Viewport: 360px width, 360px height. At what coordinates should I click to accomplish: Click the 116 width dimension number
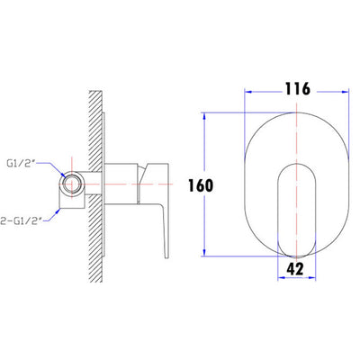(x=297, y=89)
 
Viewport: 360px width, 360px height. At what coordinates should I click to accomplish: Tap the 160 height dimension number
(x=201, y=185)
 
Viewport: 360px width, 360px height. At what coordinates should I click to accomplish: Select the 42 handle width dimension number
(x=295, y=269)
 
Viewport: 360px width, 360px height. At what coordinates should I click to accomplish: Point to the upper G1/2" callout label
(x=21, y=163)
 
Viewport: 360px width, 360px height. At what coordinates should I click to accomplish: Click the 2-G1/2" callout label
(x=21, y=221)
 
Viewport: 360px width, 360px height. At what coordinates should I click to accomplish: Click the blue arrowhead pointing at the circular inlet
(x=63, y=175)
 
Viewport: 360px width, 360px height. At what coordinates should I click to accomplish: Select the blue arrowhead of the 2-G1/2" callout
(x=57, y=211)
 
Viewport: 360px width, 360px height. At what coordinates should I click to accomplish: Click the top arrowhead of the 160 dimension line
(x=204, y=116)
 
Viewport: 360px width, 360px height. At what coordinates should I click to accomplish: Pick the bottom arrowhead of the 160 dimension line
(x=204, y=252)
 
